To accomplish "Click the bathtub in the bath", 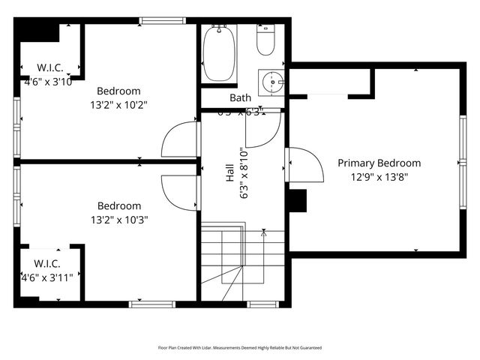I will [220, 53].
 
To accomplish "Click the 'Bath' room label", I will [241, 97].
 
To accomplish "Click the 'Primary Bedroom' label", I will [379, 163].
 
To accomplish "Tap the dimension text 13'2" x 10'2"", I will [118, 105].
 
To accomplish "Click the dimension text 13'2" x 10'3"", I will [118, 220].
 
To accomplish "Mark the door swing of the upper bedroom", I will [181, 139].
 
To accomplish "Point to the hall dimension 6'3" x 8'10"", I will [242, 172].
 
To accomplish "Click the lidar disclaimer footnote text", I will [239, 347].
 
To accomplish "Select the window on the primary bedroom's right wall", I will [462, 162].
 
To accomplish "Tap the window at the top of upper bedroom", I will [161, 20].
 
